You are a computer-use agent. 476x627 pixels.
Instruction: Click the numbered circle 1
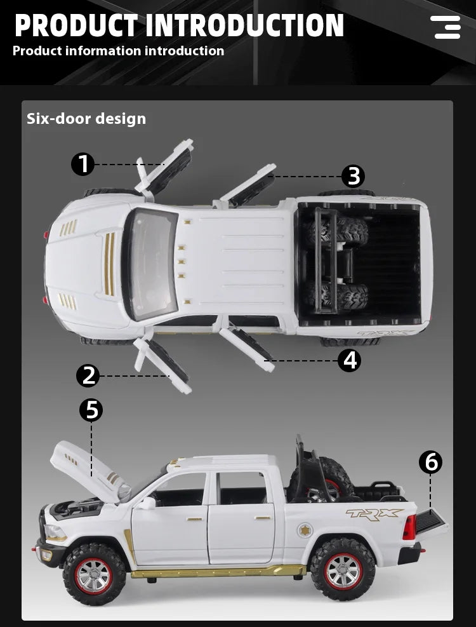pos(83,165)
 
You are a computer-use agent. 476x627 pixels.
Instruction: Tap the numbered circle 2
pos(88,375)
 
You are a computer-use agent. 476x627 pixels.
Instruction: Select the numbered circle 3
pos(354,176)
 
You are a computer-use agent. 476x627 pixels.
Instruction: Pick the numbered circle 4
pos(349,360)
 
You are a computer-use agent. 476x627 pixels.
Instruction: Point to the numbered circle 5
pos(92,410)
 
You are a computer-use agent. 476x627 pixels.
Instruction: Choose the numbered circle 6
pos(431,462)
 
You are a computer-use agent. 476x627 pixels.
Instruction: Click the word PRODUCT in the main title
pos(76,25)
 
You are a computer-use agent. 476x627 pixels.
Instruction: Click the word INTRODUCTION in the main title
pos(245,25)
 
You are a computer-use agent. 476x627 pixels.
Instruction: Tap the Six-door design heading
pos(86,119)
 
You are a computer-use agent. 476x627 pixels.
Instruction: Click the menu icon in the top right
pos(446,27)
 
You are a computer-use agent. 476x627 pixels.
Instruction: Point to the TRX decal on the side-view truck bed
pos(374,514)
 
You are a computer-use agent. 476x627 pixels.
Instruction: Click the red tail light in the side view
pos(409,527)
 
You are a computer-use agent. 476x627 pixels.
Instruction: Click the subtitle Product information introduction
pos(118,51)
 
